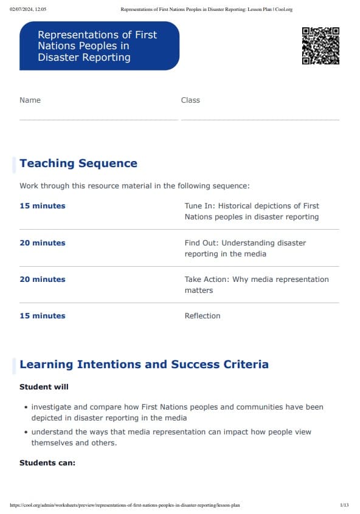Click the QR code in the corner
coord(320,46)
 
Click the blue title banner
coord(99,46)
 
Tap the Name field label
coord(30,100)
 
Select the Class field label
coord(190,100)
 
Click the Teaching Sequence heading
coord(78,163)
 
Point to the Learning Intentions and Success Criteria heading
coord(144,365)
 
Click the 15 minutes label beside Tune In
coord(42,206)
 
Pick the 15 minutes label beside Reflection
coord(42,316)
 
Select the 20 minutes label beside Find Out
coord(42,243)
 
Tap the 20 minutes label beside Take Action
coord(42,279)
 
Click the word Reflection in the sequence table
coord(202,316)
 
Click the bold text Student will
coord(44,387)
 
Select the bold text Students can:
coord(47,463)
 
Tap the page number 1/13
coord(344,505)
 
